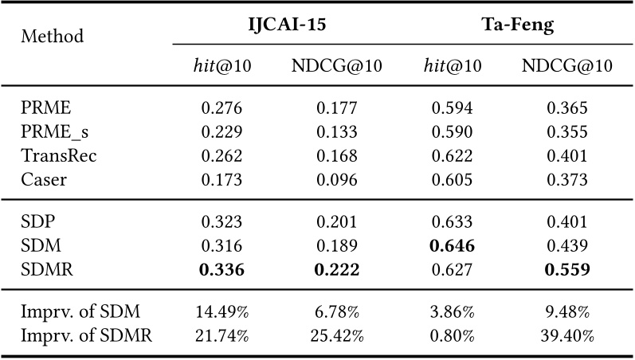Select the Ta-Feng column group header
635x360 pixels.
pos(517,25)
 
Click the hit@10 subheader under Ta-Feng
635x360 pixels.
pos(453,66)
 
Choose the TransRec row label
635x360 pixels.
pos(59,155)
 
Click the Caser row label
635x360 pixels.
pos(44,179)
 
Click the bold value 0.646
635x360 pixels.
pos(453,247)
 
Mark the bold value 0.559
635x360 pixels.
pos(567,270)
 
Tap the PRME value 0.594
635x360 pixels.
pos(453,108)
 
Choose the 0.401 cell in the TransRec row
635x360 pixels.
pos(567,155)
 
